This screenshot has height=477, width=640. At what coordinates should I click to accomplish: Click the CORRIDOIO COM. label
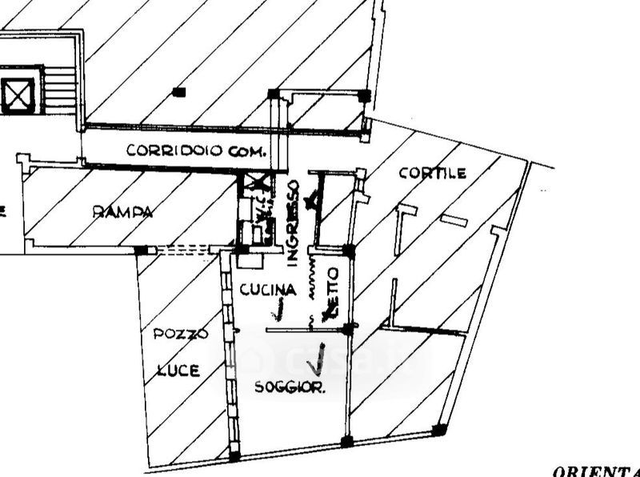point(195,150)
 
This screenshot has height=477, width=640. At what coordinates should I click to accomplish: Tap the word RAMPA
point(122,212)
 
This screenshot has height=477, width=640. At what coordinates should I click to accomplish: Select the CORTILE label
point(432,173)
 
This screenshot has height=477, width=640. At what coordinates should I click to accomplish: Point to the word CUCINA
point(268,290)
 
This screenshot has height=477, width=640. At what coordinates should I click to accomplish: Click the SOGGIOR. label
point(290,388)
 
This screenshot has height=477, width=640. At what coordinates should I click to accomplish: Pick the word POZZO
point(181,334)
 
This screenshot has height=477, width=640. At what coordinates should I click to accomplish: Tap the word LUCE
point(178,370)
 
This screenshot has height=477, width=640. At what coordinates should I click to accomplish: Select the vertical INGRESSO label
point(293,222)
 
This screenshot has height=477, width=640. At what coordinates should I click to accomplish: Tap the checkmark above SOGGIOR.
point(317,362)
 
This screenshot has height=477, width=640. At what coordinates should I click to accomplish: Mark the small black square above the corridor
point(178,92)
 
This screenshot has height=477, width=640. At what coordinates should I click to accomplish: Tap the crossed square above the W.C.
point(258,183)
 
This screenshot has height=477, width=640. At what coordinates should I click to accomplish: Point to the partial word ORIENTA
point(595,471)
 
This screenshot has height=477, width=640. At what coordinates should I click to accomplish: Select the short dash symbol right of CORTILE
point(454,219)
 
